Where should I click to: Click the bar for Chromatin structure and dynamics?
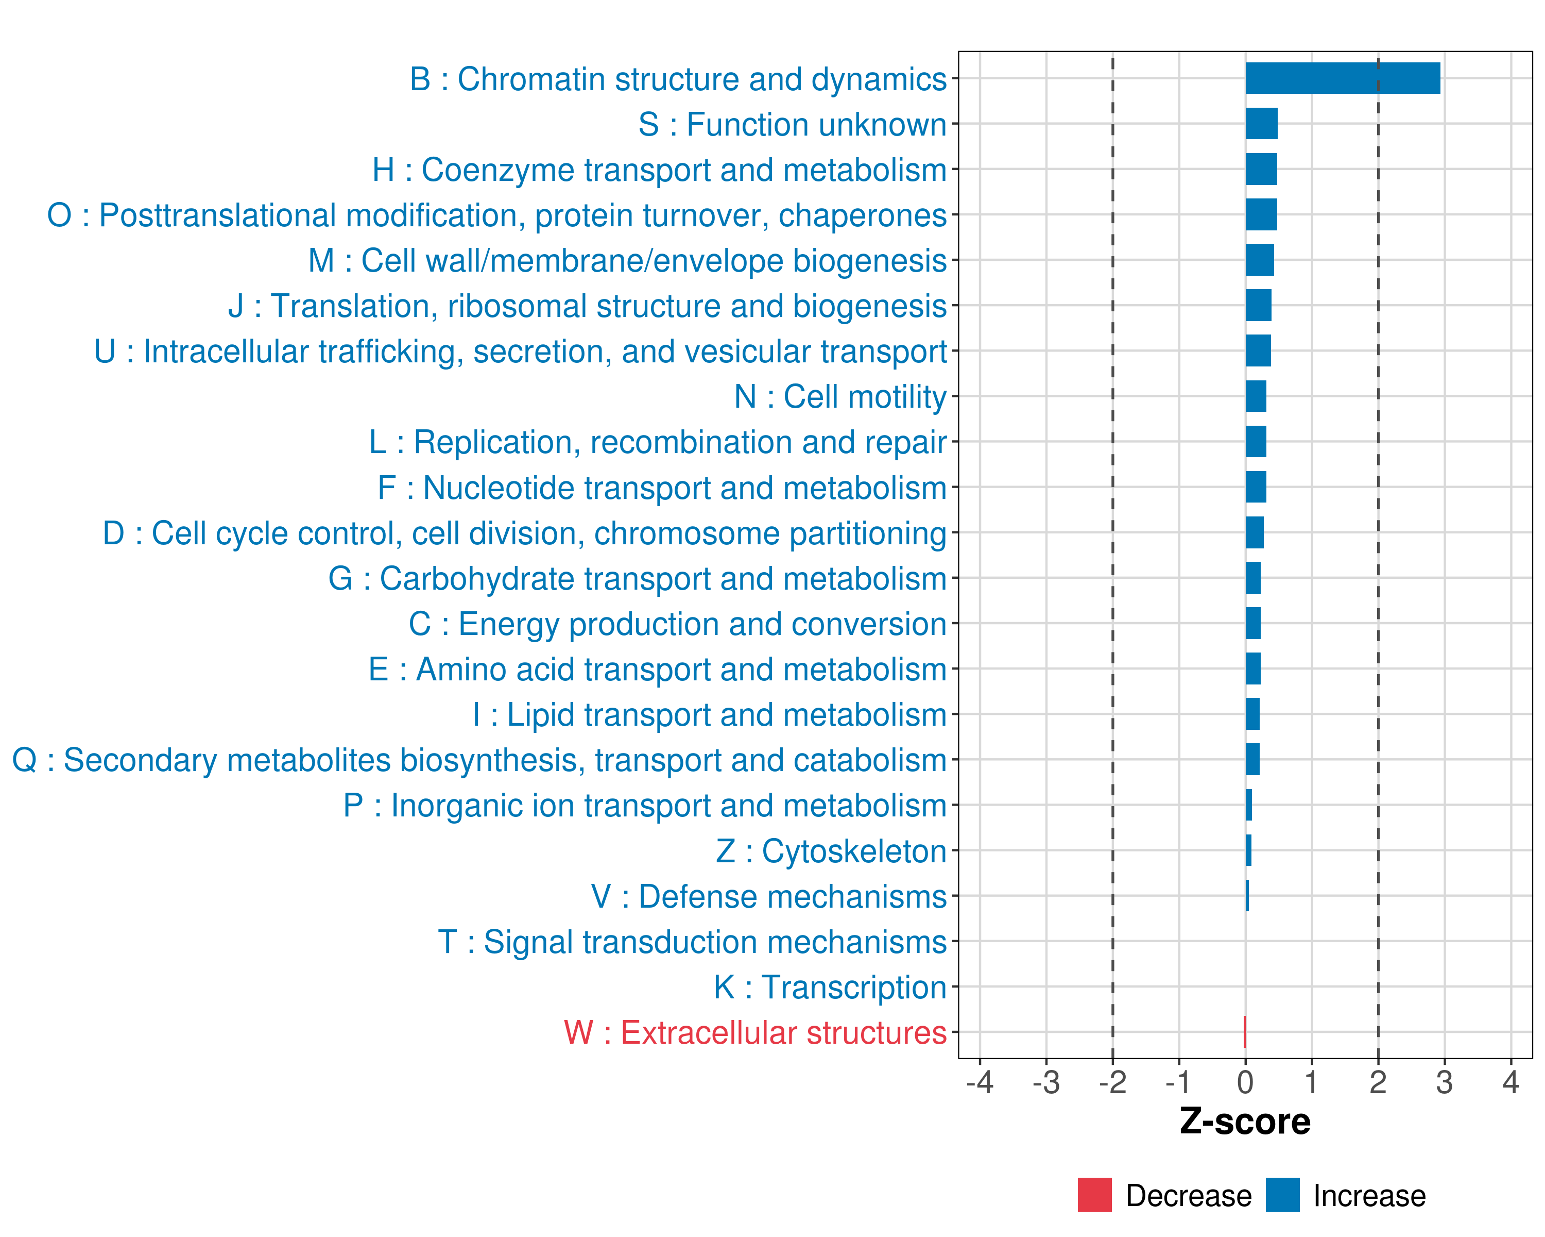click(1342, 78)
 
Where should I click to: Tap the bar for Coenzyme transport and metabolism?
click(1261, 169)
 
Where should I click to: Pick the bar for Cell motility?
click(1256, 396)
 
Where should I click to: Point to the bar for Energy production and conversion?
click(1252, 623)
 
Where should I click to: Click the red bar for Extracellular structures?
click(1245, 1032)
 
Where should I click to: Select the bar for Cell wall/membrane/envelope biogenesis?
click(1259, 260)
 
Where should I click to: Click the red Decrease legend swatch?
click(1094, 1195)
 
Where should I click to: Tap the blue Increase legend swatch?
click(1282, 1195)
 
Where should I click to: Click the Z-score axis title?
click(1245, 1122)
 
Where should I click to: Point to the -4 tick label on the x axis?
click(980, 1082)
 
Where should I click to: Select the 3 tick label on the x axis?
click(1444, 1082)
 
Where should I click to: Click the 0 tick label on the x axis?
click(1245, 1082)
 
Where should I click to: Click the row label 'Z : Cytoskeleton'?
click(831, 851)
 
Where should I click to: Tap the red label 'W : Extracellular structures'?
click(756, 1032)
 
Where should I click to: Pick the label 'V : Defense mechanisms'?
click(769, 896)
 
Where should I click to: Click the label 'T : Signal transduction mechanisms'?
click(692, 942)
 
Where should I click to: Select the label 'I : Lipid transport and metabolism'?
click(710, 715)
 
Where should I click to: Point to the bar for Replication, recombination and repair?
click(1256, 441)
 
